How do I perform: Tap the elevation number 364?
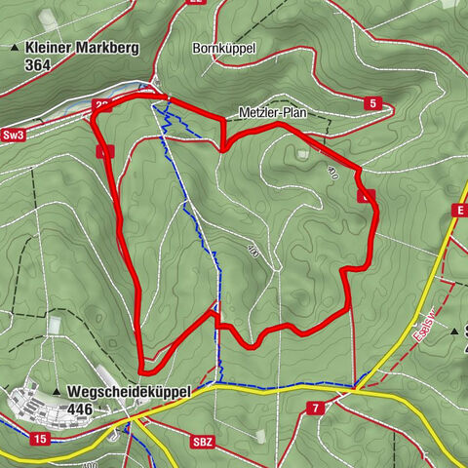pyautogui.click(x=41, y=64)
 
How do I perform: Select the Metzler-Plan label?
pyautogui.click(x=272, y=113)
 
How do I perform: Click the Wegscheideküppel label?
pyautogui.click(x=130, y=391)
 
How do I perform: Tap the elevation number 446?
pyautogui.click(x=85, y=409)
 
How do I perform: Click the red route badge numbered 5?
pyautogui.click(x=372, y=102)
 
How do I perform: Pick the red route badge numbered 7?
pyautogui.click(x=315, y=407)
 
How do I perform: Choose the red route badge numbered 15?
pyautogui.click(x=39, y=440)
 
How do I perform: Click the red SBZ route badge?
pyautogui.click(x=202, y=442)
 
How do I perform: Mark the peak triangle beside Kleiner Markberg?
pyautogui.click(x=15, y=47)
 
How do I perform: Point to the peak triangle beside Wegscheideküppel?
pyautogui.click(x=58, y=392)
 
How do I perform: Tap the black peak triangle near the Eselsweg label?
pyautogui.click(x=454, y=331)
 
